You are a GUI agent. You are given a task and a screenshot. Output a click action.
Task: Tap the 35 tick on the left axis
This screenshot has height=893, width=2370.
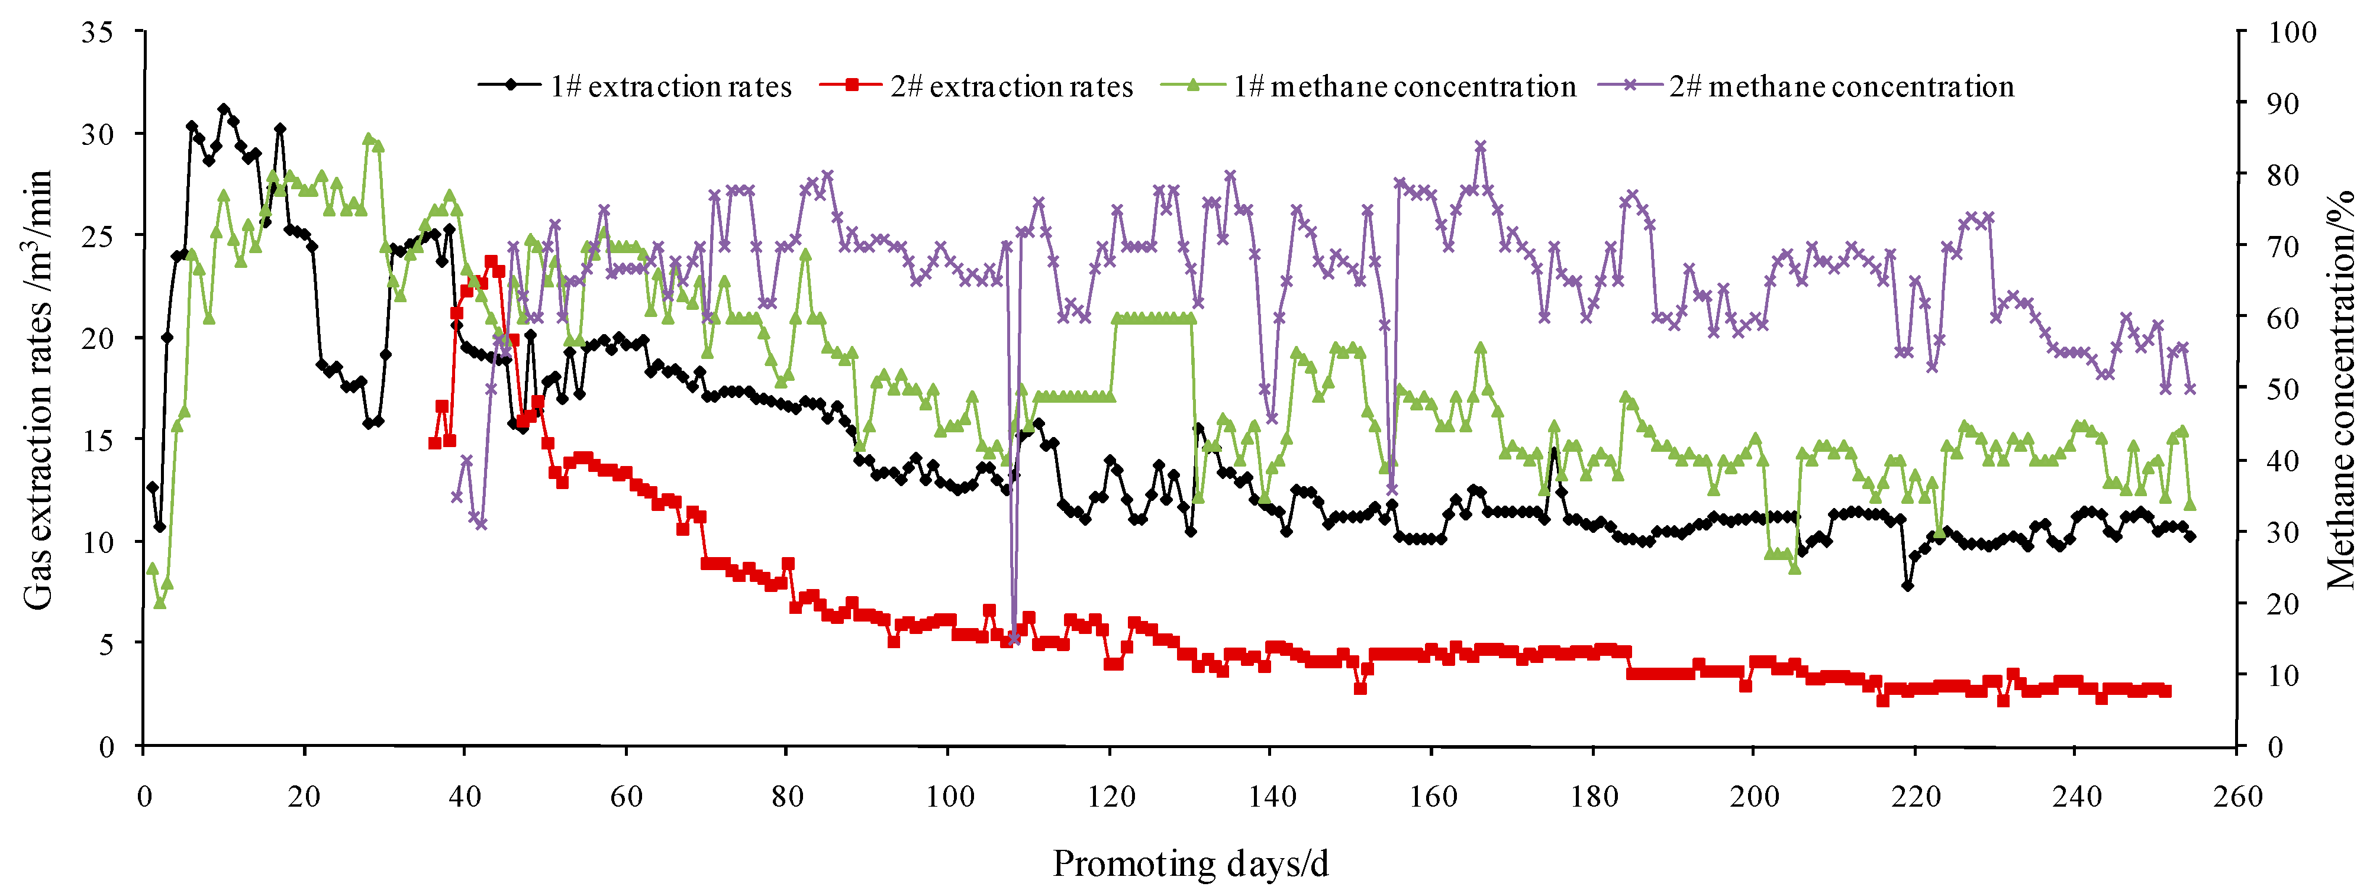point(96,32)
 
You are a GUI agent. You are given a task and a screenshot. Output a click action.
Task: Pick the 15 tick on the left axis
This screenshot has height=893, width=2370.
point(96,439)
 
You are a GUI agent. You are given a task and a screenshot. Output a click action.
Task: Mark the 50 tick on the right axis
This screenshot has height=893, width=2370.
point(2282,389)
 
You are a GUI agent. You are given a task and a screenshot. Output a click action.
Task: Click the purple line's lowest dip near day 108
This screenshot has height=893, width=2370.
point(1014,638)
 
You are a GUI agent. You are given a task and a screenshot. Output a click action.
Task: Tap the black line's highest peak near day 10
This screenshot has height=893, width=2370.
point(224,109)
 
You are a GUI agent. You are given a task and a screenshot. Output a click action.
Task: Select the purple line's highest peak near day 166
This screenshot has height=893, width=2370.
point(1481,146)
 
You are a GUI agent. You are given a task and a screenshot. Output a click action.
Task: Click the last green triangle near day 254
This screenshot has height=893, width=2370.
point(2190,504)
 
